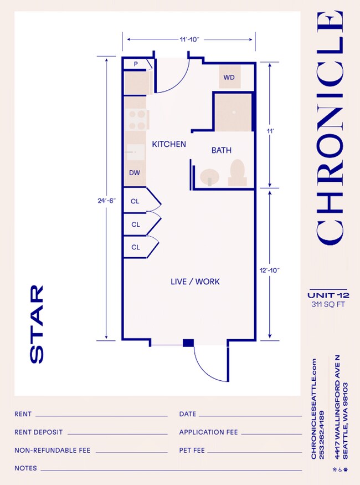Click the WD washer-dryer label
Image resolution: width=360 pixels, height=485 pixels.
pyautogui.click(x=229, y=78)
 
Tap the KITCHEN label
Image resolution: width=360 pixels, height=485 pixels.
pyautogui.click(x=169, y=144)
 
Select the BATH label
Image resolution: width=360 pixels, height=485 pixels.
pyautogui.click(x=222, y=150)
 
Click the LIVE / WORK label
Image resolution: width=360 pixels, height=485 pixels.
pyautogui.click(x=195, y=282)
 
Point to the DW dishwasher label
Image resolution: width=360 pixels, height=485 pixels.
pyautogui.click(x=135, y=173)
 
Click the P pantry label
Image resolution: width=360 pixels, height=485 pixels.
pyautogui.click(x=135, y=65)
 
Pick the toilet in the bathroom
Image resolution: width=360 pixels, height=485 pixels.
pyautogui.click(x=238, y=172)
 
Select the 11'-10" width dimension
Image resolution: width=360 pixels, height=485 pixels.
pyautogui.click(x=189, y=39)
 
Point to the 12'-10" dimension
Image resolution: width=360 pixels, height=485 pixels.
pyautogui.click(x=270, y=270)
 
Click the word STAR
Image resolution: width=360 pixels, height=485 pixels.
pyautogui.click(x=37, y=324)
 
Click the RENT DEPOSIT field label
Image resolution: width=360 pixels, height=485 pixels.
pyautogui.click(x=39, y=432)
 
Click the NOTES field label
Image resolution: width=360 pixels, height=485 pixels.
pyautogui.click(x=25, y=468)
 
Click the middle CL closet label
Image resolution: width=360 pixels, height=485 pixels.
pyautogui.click(x=135, y=224)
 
